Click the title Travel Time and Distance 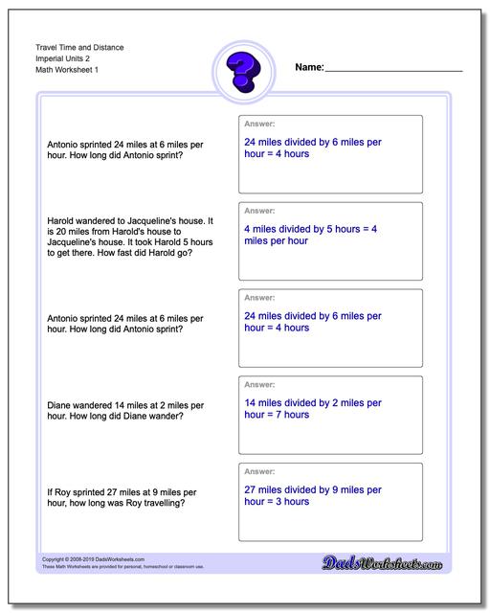(83, 47)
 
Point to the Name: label (309, 68)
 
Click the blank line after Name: (393, 70)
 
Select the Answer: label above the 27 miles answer (259, 472)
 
